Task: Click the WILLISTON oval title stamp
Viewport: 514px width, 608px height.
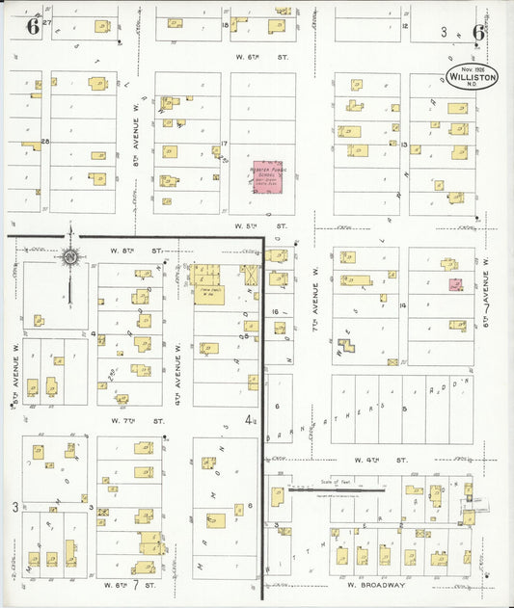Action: pyautogui.click(x=473, y=76)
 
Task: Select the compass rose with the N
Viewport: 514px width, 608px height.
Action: pyautogui.click(x=69, y=256)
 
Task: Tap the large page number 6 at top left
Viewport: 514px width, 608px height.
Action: pyautogui.click(x=32, y=28)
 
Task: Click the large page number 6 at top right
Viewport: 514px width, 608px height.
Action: pyautogui.click(x=478, y=31)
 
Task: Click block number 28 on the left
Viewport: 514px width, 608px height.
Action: pyautogui.click(x=44, y=142)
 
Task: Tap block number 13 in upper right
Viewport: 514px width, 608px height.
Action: pyautogui.click(x=406, y=146)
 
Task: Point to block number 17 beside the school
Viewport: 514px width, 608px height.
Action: pyautogui.click(x=224, y=144)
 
